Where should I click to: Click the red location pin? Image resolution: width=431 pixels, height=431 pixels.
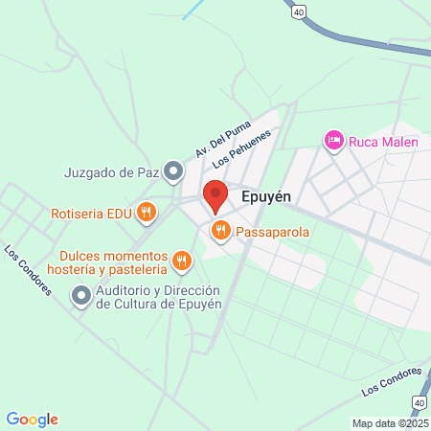pyautogui.click(x=215, y=195)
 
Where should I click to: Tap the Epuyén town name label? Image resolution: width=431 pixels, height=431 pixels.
pyautogui.click(x=268, y=195)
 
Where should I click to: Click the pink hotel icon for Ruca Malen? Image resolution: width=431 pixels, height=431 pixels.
pyautogui.click(x=333, y=141)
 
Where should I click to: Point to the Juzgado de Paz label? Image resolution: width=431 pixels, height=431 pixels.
pyautogui.click(x=109, y=172)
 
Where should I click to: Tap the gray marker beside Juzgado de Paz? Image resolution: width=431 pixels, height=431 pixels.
pyautogui.click(x=172, y=172)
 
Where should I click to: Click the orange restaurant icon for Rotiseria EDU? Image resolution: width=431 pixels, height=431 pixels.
pyautogui.click(x=147, y=213)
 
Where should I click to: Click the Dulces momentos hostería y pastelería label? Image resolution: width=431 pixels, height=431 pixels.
pyautogui.click(x=111, y=263)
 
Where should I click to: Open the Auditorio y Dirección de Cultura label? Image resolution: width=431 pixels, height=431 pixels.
pyautogui.click(x=158, y=298)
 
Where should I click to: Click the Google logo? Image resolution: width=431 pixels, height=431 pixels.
pyautogui.click(x=33, y=419)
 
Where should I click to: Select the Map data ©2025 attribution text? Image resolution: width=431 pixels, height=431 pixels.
pyautogui.click(x=391, y=423)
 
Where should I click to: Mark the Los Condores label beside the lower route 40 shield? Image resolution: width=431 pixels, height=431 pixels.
pyautogui.click(x=391, y=381)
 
